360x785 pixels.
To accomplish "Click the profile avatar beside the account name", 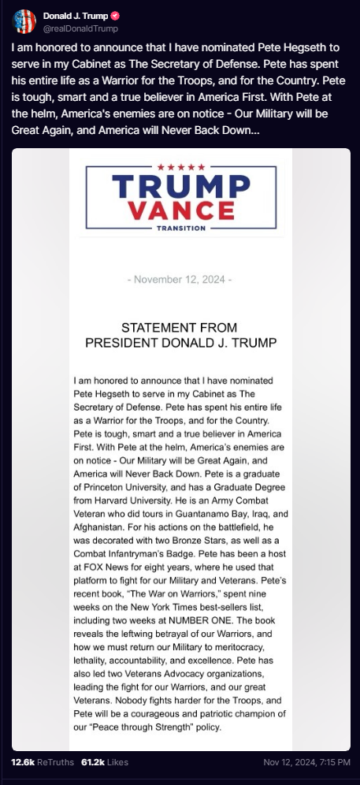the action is tap(24, 20).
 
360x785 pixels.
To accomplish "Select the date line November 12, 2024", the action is tap(180, 280).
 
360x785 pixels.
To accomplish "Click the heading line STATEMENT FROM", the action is tap(180, 327).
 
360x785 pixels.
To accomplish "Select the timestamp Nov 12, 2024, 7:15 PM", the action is tap(306, 762).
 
